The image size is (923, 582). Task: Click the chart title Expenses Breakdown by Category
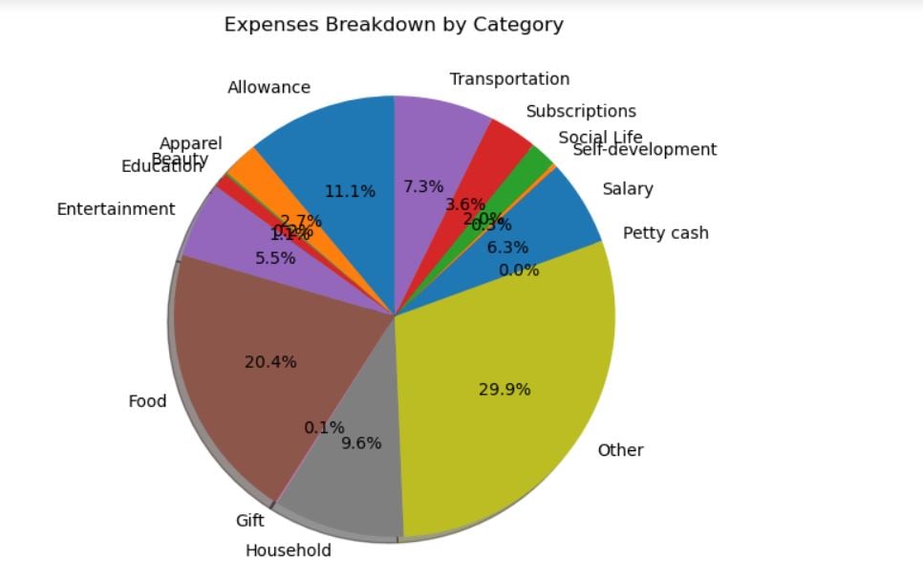pyautogui.click(x=394, y=25)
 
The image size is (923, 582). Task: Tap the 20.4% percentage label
pyautogui.click(x=270, y=362)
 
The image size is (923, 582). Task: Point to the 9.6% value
pyautogui.click(x=361, y=442)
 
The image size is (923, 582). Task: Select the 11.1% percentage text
pyautogui.click(x=349, y=191)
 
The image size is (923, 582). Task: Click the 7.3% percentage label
pyautogui.click(x=423, y=186)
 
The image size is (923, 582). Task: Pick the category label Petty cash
pyautogui.click(x=665, y=232)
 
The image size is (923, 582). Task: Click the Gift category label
pyautogui.click(x=249, y=521)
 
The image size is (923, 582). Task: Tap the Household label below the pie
pyautogui.click(x=288, y=550)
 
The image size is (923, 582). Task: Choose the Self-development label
pyautogui.click(x=645, y=150)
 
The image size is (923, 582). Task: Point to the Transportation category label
pyautogui.click(x=509, y=79)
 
